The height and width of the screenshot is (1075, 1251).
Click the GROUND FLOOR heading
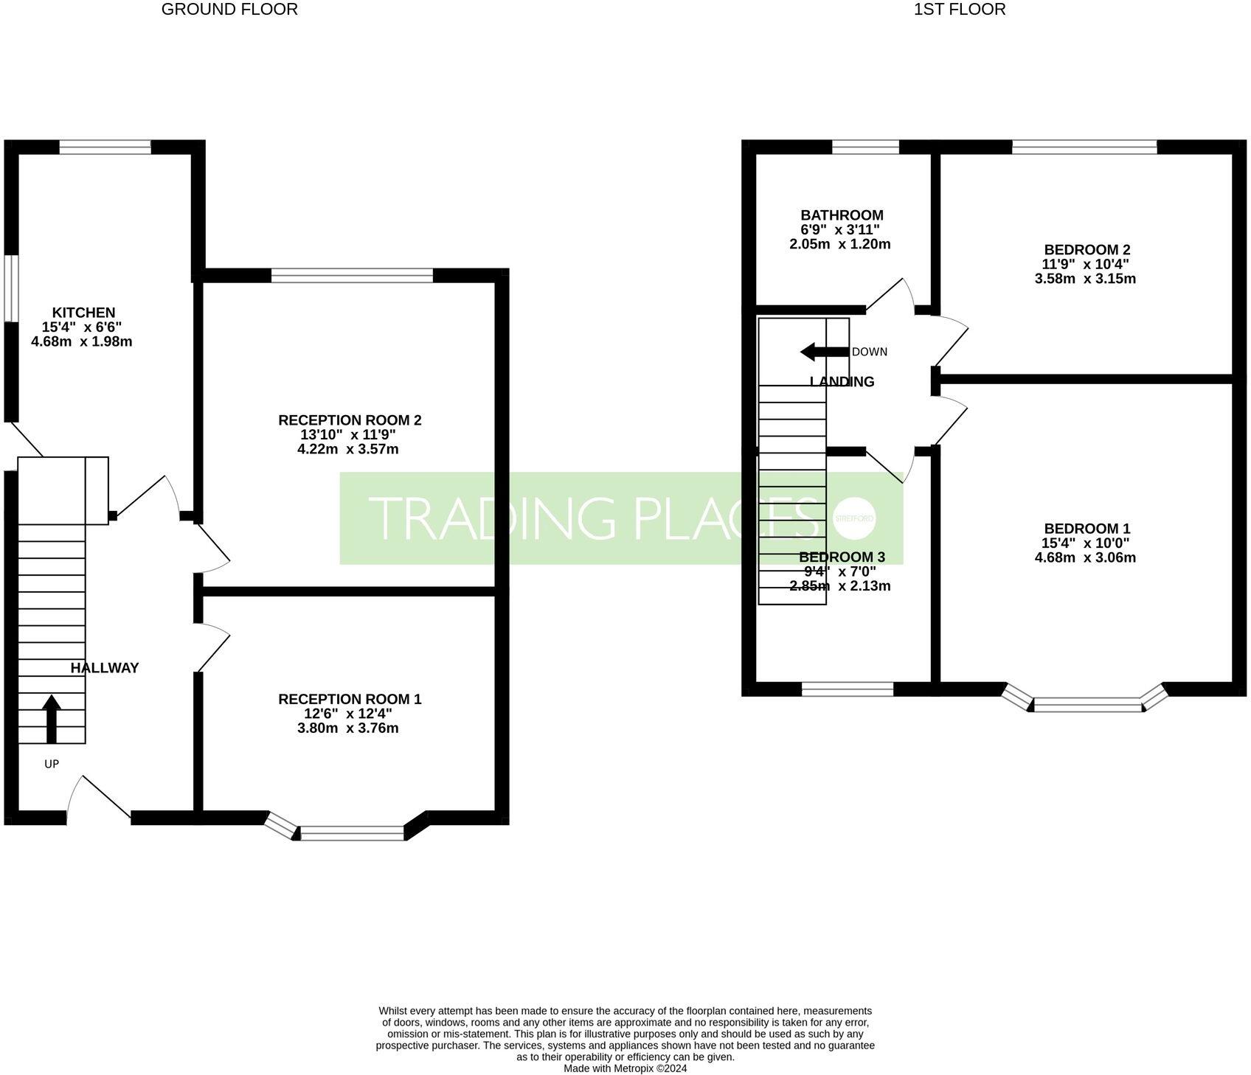[229, 10]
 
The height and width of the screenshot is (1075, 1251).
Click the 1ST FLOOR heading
[960, 10]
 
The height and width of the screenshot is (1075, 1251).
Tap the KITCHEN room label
[83, 313]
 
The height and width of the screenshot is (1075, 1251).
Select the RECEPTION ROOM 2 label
[350, 420]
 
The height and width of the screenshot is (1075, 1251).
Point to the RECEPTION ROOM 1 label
[350, 699]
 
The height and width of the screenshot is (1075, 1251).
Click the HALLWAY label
[105, 668]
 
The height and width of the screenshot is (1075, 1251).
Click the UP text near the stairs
[52, 764]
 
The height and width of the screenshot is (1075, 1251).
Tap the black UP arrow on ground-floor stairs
[52, 718]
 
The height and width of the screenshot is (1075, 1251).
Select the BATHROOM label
[842, 215]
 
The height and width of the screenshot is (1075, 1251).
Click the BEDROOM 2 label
[1087, 250]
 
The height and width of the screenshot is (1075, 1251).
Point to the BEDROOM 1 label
[1087, 529]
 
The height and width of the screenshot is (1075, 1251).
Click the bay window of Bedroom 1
[1087, 705]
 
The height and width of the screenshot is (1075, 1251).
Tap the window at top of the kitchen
[105, 147]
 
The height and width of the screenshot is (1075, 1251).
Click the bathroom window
[865, 147]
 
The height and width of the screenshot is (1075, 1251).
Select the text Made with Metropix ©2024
[625, 1068]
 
